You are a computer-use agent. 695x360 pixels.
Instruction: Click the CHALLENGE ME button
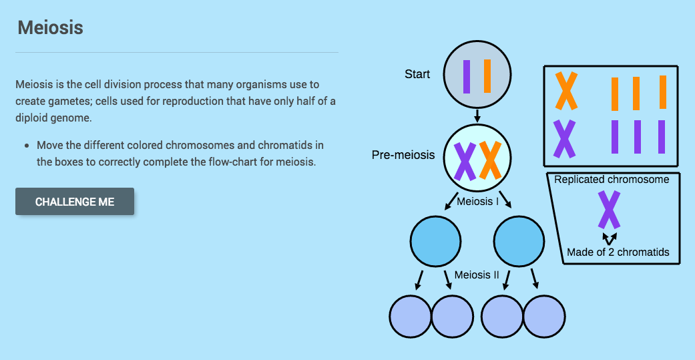[75, 202]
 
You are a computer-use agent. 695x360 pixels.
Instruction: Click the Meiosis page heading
[50, 28]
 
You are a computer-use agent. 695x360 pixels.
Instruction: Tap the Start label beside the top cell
[417, 74]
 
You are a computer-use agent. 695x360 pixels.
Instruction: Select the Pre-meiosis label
[403, 155]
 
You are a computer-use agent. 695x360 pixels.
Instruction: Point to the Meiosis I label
[477, 200]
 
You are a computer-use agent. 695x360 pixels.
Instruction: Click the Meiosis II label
[477, 275]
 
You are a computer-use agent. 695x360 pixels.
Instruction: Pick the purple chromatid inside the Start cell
[467, 77]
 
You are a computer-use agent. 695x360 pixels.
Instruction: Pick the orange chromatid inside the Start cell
[487, 76]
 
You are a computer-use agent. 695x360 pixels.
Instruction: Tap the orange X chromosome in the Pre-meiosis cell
[490, 160]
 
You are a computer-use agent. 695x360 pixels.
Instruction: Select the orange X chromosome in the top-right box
[566, 92]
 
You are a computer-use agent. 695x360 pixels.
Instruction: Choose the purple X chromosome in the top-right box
[565, 138]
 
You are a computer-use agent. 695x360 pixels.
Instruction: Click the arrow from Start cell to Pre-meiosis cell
[477, 116]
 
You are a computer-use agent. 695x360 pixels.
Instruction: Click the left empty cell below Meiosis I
[435, 240]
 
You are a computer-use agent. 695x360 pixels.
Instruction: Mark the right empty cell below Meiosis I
[519, 240]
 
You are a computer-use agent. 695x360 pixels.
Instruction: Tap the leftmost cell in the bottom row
[410, 316]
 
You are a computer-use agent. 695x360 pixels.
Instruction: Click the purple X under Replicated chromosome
[608, 210]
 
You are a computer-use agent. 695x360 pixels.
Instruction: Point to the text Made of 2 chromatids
[618, 252]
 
